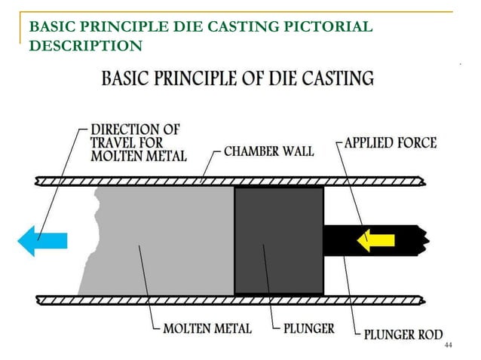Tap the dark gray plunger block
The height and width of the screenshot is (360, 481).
(x=279, y=239)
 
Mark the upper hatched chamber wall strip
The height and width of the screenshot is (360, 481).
(x=226, y=181)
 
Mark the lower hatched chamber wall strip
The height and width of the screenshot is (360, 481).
(x=226, y=300)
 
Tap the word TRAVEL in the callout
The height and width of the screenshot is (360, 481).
(x=117, y=142)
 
